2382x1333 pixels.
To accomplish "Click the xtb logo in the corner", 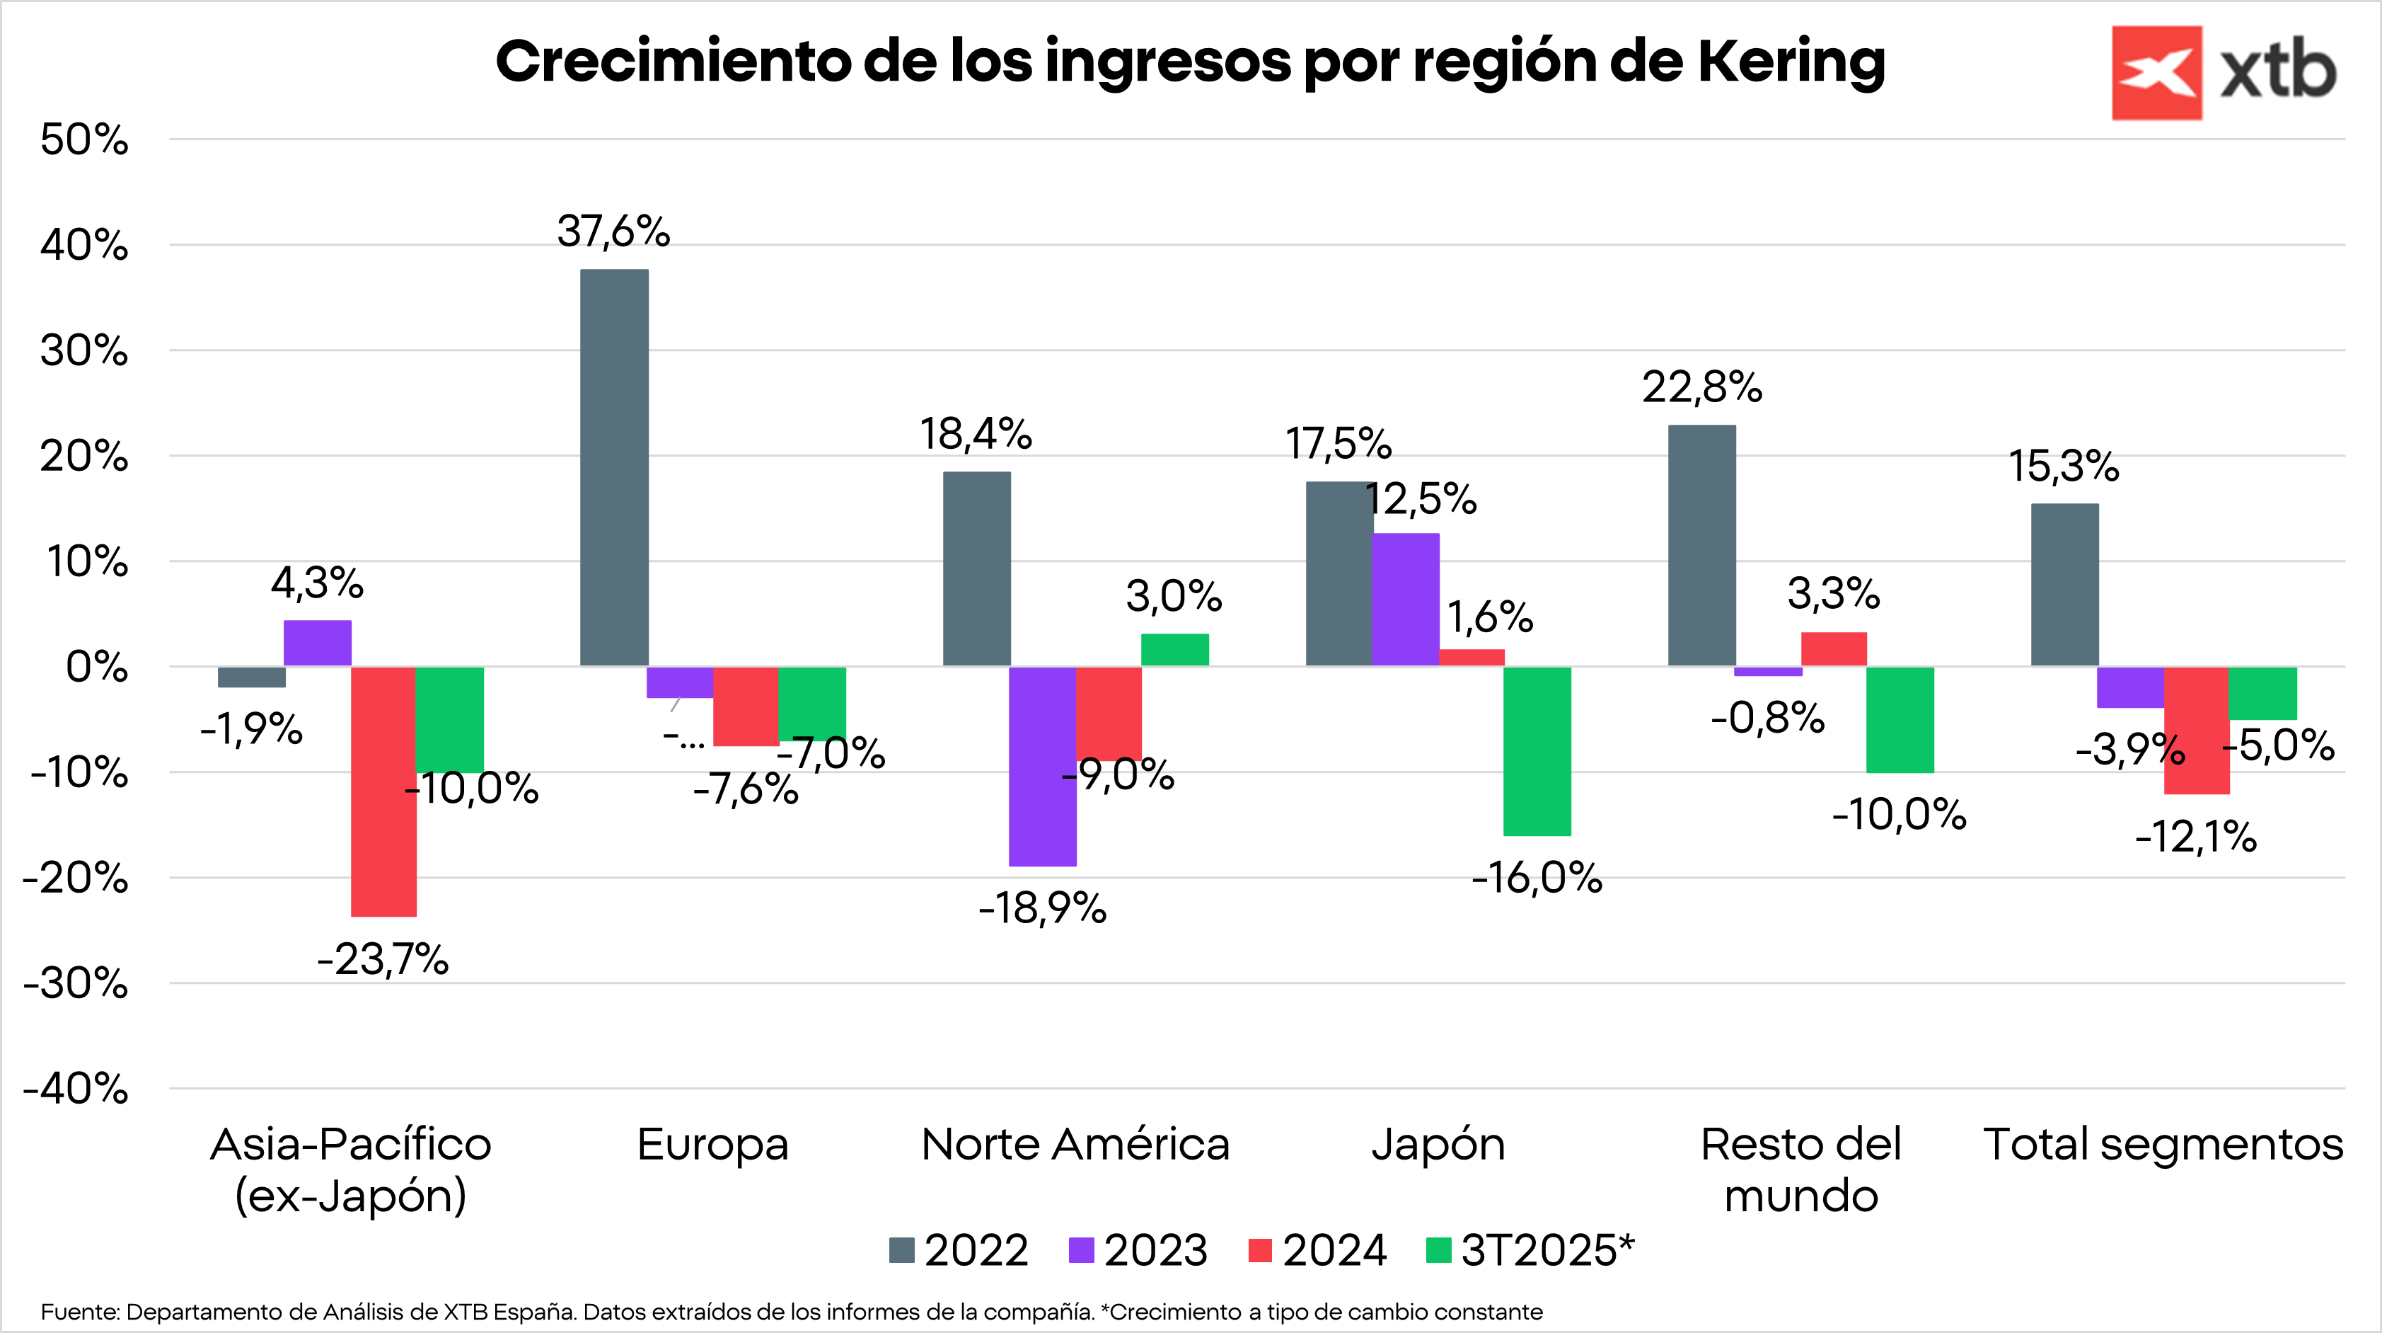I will (2223, 72).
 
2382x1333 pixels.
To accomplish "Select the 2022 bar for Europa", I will (614, 467).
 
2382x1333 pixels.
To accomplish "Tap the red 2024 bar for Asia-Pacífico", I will (383, 791).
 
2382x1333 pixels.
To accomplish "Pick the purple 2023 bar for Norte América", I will (1042, 766).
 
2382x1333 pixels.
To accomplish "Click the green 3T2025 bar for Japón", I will (1537, 750).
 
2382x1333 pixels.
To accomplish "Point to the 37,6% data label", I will (613, 231).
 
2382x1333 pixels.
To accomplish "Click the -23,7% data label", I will (383, 959).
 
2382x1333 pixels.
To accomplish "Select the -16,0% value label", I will (1537, 878).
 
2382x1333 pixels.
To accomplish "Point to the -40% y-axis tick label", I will (76, 1089).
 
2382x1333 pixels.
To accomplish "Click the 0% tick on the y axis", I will (96, 667).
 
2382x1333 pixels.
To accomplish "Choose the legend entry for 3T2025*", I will (1530, 1251).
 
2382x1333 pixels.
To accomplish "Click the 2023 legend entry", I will (1138, 1251).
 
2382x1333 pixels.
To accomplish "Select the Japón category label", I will (1438, 1145).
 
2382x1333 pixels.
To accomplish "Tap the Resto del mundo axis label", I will (1800, 1170).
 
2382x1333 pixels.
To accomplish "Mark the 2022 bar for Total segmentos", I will (2064, 585).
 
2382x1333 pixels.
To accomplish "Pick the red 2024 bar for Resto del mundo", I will (1834, 649).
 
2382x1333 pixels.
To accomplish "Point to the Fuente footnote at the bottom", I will (792, 1312).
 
